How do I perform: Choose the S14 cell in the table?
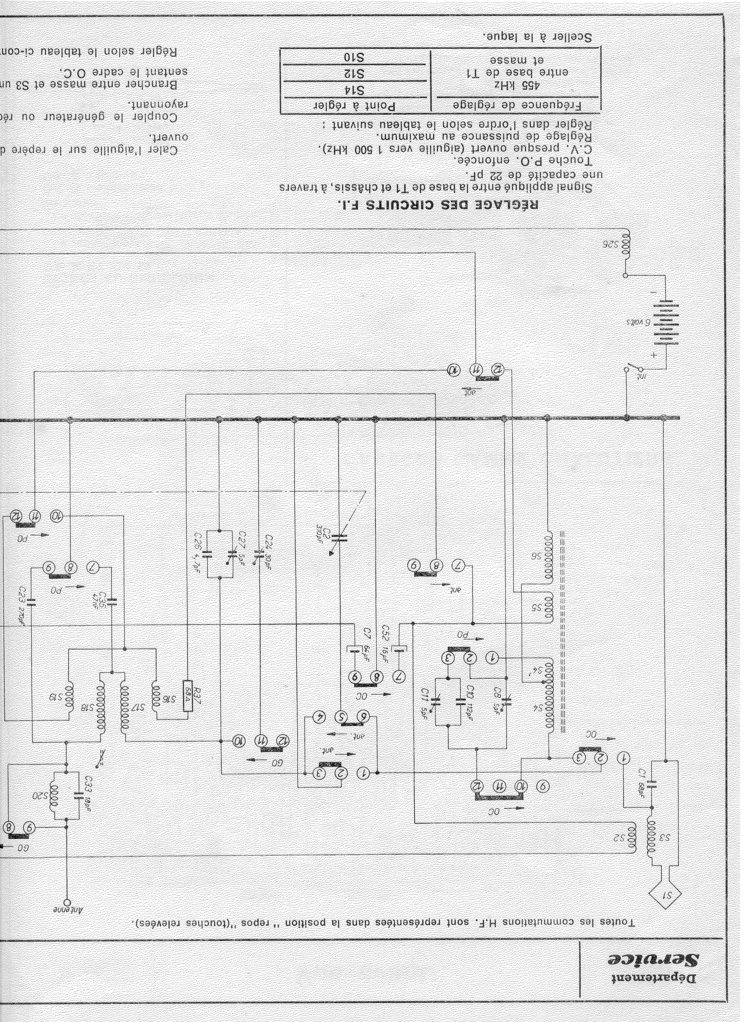(x=356, y=89)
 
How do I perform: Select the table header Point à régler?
(x=356, y=106)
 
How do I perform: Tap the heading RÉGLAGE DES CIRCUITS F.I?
(x=440, y=205)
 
